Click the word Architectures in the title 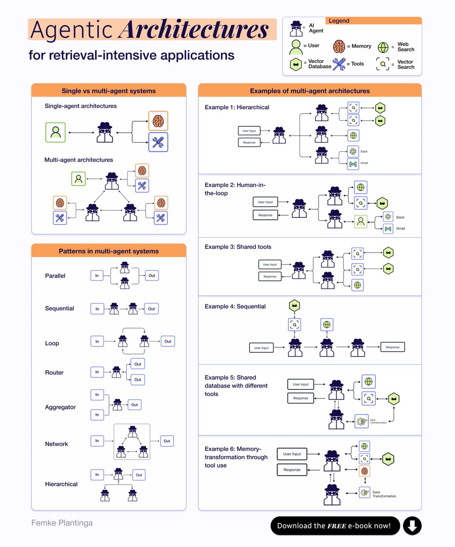[x=193, y=31]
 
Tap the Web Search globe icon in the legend [x=384, y=47]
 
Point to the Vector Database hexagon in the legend [x=297, y=64]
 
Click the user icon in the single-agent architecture [x=55, y=132]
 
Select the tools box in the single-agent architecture [x=158, y=142]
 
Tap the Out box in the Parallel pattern [x=151, y=276]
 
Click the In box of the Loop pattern [x=97, y=341]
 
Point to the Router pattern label [x=54, y=372]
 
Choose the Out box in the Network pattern [x=167, y=441]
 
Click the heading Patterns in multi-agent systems [x=109, y=251]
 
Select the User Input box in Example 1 [x=249, y=131]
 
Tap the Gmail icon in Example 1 [x=352, y=165]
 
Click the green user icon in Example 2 [x=361, y=222]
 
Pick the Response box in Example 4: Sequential [x=392, y=347]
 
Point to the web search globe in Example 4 [x=326, y=325]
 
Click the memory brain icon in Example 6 [x=364, y=471]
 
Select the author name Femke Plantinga [x=62, y=523]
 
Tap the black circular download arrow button [x=412, y=526]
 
